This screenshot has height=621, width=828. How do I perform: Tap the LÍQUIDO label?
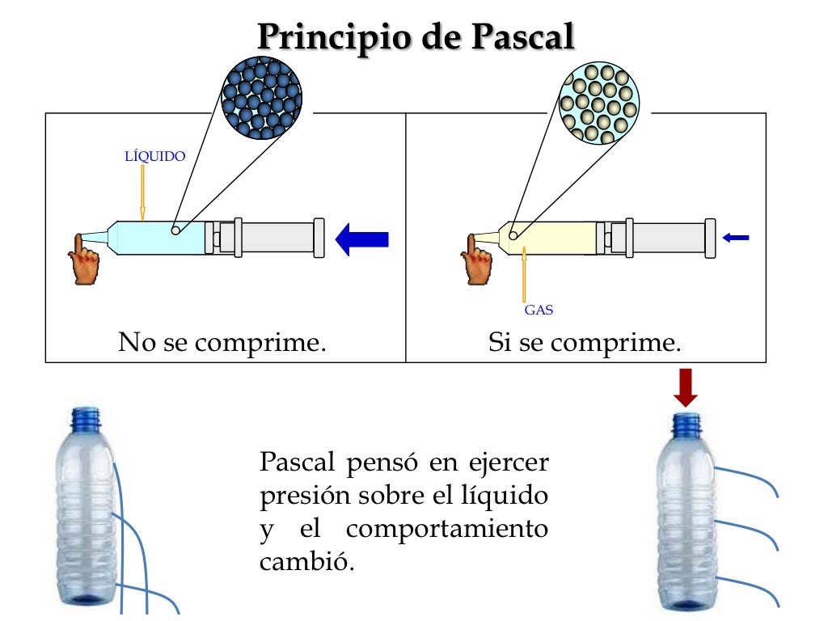coord(154,156)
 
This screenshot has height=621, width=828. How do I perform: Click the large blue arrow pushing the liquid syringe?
coord(362,239)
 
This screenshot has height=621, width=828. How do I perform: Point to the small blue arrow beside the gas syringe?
coord(736,238)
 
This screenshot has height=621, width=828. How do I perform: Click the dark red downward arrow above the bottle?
coord(686,387)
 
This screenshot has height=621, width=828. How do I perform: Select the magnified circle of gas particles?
coord(599,104)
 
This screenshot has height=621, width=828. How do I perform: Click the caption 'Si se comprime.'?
coord(585,342)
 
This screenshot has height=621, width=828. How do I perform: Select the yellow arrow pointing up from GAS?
coord(525,275)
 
